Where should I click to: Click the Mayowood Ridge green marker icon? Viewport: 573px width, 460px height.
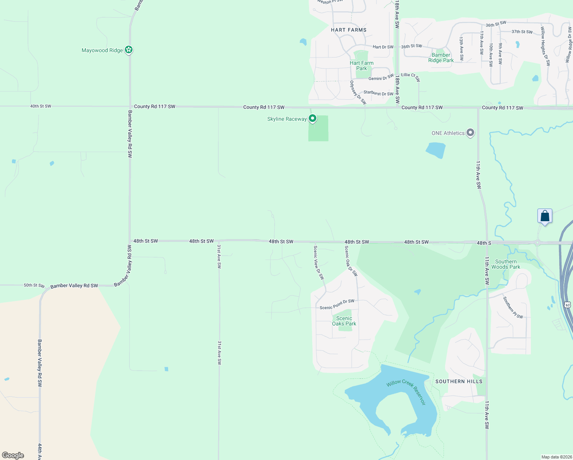point(129,50)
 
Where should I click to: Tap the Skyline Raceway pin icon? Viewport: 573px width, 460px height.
point(313,118)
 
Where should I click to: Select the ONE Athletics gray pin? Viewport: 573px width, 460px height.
point(470,133)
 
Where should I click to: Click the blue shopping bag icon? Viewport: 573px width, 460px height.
point(545,216)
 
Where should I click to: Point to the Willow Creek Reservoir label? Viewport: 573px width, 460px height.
point(406,391)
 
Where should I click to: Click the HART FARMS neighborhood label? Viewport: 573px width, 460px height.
point(349,30)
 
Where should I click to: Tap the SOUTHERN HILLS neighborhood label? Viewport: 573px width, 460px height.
point(459,381)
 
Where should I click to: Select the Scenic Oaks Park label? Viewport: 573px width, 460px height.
point(344,321)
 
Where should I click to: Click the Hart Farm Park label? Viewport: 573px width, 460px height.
point(362,66)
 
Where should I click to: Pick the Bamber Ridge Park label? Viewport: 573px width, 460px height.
point(441,58)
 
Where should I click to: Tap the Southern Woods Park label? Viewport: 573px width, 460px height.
point(506,264)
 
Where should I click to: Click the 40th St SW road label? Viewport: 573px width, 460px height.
point(41,106)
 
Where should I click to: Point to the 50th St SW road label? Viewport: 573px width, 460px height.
point(34,285)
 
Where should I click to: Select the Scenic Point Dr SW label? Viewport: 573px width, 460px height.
point(337,305)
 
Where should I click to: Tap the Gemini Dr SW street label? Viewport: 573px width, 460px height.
point(381,78)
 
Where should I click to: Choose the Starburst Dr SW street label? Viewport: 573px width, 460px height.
point(378,93)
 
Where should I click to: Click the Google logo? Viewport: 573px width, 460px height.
point(13,455)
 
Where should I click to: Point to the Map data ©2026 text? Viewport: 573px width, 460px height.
point(556,457)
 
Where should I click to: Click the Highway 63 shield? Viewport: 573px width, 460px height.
point(568,305)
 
